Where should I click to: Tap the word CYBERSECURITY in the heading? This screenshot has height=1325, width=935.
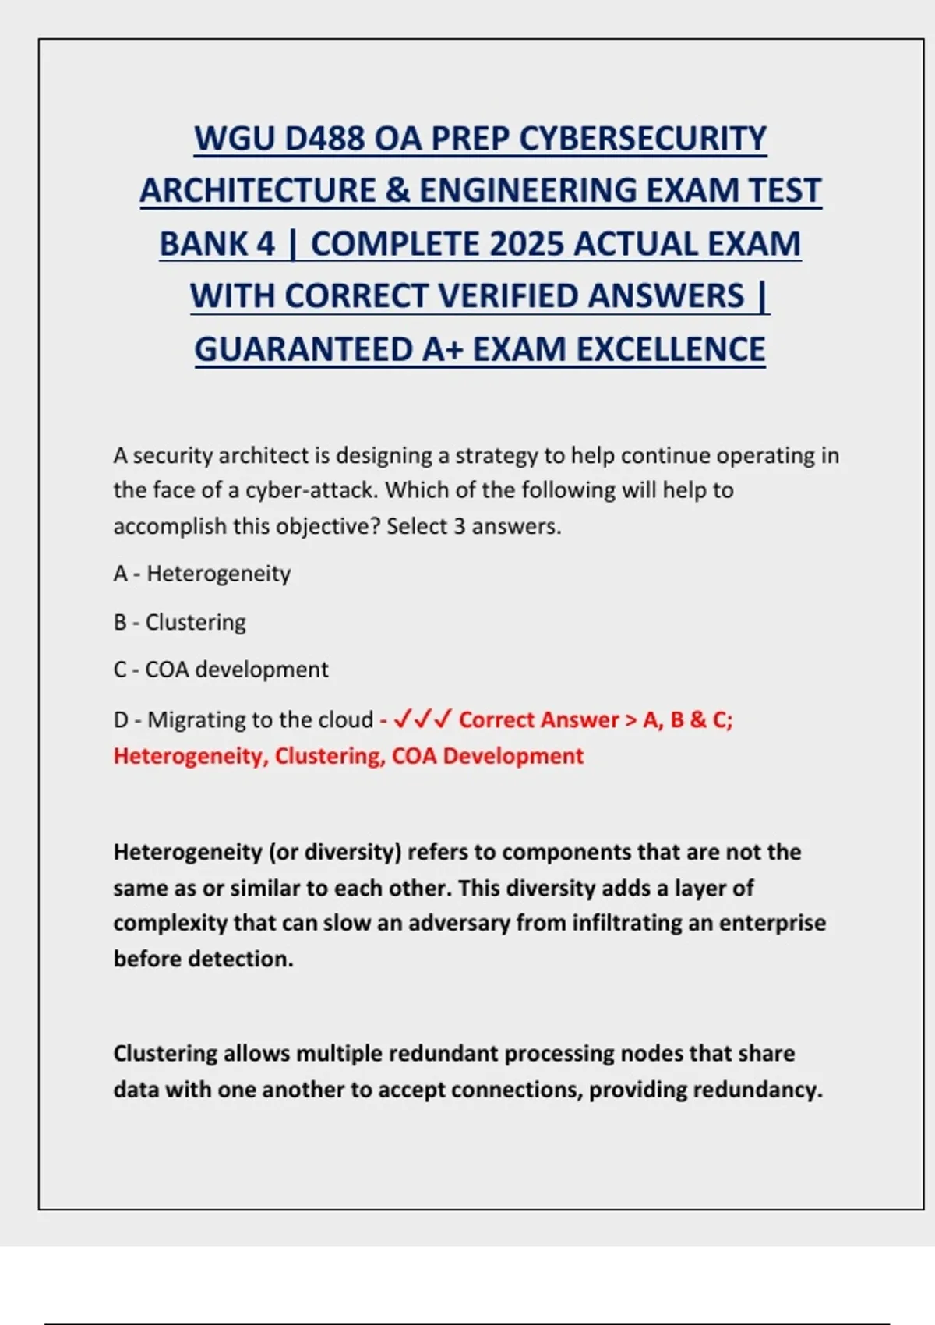tap(643, 139)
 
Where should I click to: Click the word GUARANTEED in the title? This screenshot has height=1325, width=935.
tap(304, 349)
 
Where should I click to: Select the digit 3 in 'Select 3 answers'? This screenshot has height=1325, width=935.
tap(460, 526)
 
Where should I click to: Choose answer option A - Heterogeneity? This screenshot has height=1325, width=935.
tap(202, 574)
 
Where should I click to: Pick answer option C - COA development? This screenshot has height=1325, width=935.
tap(221, 670)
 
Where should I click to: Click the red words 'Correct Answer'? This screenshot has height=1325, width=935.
tap(538, 719)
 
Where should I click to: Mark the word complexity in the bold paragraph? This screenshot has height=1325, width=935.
tap(170, 923)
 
